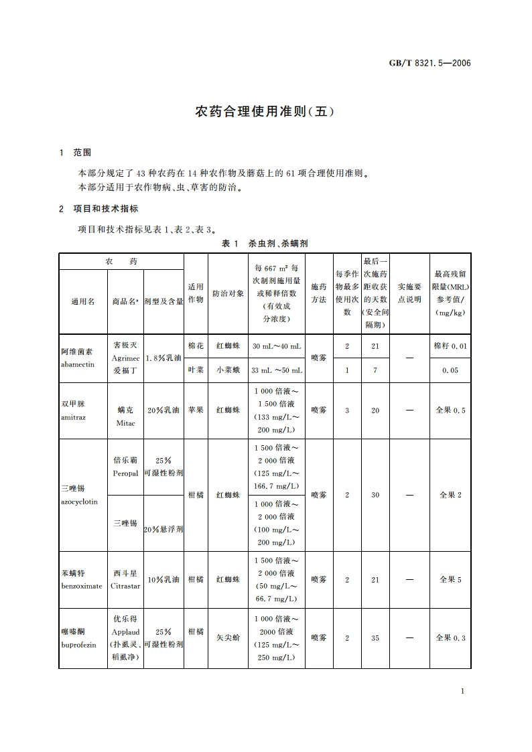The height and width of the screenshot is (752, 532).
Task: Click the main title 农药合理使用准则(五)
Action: (265, 111)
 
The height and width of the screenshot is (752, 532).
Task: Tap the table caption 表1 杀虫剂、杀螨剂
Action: (265, 243)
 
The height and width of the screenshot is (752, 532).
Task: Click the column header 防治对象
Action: (228, 294)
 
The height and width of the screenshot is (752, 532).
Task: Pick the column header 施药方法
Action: (319, 293)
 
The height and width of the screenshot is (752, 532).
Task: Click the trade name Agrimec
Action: (125, 358)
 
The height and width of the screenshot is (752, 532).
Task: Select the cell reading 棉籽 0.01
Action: (450, 346)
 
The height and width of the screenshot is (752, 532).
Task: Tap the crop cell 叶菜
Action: (196, 370)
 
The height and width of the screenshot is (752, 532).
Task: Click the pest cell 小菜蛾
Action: (228, 370)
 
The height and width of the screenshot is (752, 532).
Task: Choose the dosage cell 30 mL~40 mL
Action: (277, 346)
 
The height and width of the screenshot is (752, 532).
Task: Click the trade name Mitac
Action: (125, 423)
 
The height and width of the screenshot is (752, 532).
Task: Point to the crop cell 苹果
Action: (196, 410)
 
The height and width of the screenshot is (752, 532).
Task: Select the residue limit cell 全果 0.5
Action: (450, 410)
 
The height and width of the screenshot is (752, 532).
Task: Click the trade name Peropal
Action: (125, 473)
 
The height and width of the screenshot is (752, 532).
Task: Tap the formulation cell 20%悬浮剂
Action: (163, 529)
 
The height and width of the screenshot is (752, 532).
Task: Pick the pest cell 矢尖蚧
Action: (228, 638)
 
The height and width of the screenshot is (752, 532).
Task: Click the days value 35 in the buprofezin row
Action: (375, 638)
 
